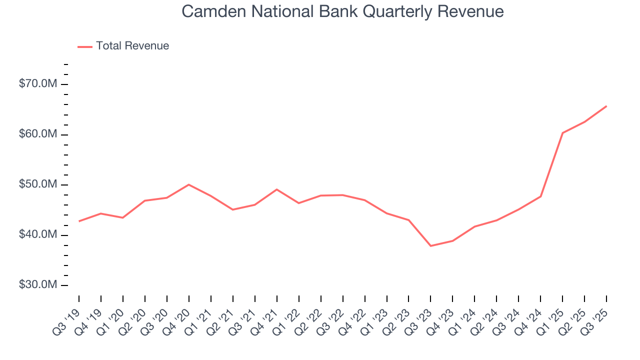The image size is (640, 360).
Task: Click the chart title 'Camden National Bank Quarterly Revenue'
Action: pyautogui.click(x=342, y=11)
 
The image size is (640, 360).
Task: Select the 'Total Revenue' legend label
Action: pyautogui.click(x=132, y=46)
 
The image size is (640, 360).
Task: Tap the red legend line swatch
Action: pyautogui.click(x=85, y=46)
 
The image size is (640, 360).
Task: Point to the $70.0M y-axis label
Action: pyautogui.click(x=37, y=84)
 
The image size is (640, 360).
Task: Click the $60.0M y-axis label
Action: pyautogui.click(x=37, y=134)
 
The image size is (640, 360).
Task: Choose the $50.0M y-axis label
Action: pyautogui.click(x=37, y=184)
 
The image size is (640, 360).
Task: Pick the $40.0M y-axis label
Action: pyautogui.click(x=37, y=235)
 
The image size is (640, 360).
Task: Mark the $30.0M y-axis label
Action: pyautogui.click(x=37, y=285)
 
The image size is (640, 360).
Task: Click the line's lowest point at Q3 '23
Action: pyautogui.click(x=430, y=246)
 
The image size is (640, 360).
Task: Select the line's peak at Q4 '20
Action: pyautogui.click(x=188, y=184)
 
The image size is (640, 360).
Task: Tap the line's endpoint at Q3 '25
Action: pyautogui.click(x=606, y=106)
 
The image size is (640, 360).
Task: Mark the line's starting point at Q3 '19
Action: pyautogui.click(x=79, y=221)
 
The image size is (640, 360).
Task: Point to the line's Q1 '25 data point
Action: pyautogui.click(x=562, y=133)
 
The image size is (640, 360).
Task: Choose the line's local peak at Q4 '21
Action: pyautogui.click(x=276, y=189)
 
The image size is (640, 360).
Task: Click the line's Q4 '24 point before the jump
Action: pyautogui.click(x=540, y=196)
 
